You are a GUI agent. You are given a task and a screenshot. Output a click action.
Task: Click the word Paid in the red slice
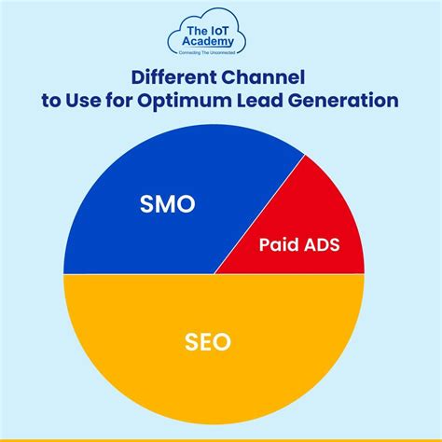[x=277, y=246]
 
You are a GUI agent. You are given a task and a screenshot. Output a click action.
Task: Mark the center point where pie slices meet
[x=214, y=274]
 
